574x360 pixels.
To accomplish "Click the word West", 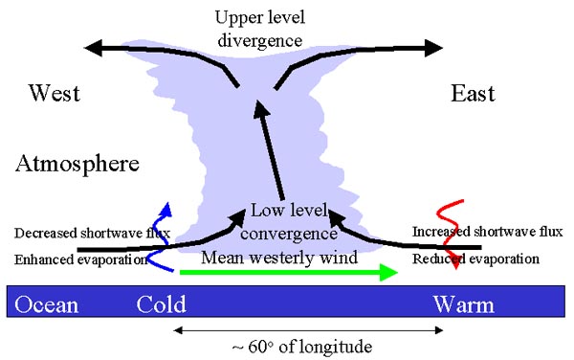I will coord(54,93).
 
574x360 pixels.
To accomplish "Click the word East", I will coord(473,93).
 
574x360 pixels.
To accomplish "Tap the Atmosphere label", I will coord(77,165).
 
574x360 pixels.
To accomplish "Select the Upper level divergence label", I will coord(258,30).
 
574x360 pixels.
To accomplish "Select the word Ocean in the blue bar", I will coord(46,305).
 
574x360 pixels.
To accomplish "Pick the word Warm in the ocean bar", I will coord(464,305).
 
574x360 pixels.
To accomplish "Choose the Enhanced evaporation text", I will coord(80,259).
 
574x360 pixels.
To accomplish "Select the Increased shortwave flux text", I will coord(487,232).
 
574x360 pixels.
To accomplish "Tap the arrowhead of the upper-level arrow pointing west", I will coord(93,45).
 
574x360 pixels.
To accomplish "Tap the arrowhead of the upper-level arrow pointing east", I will coord(435,46).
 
